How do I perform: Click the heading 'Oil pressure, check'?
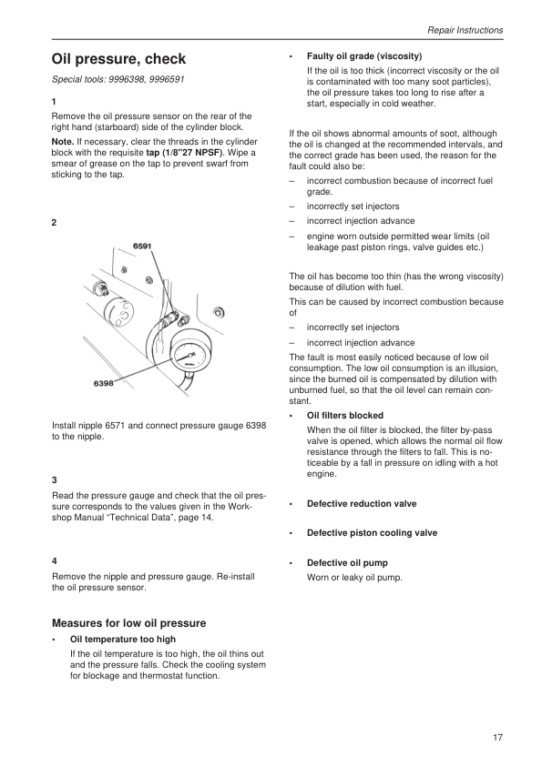pos(118,59)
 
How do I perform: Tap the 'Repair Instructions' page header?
pos(465,30)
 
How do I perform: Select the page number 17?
pos(497,738)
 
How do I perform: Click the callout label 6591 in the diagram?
pos(142,247)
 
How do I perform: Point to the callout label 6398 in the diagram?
pos(103,384)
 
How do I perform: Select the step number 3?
pos(55,480)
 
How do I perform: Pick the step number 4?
pos(55,561)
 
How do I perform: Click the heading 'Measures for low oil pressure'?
pos(129,623)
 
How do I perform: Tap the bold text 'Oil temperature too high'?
pos(123,640)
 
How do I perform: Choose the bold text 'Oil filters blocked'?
pos(345,416)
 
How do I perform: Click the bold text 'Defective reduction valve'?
pos(362,504)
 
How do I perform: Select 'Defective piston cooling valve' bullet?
pos(373,533)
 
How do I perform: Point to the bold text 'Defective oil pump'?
pos(347,563)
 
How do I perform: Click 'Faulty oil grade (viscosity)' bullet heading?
pos(364,56)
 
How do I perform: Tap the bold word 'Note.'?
pos(63,142)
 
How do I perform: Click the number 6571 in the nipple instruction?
pos(116,426)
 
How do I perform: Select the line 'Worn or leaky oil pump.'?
pos(354,578)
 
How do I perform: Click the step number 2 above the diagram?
pos(55,223)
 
